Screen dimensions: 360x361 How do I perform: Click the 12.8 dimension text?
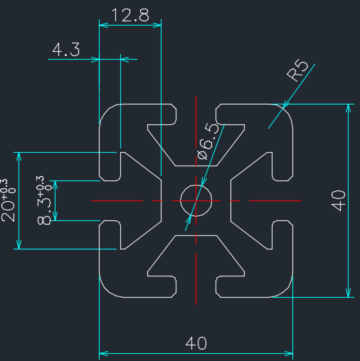tap(130, 16)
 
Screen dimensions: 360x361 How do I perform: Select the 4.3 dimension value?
tap(66, 50)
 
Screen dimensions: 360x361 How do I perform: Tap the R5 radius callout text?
tap(297, 70)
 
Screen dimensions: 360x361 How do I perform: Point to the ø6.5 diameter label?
tap(208, 141)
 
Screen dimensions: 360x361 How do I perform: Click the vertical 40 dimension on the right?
tap(338, 200)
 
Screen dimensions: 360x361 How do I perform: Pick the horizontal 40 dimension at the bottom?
tap(196, 343)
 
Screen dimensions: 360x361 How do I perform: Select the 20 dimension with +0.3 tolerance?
tap(8, 200)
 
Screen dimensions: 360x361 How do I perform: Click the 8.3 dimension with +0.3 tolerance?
tap(44, 200)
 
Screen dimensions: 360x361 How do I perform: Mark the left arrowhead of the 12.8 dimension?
tap(104, 25)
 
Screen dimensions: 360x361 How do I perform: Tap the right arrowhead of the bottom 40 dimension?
tap(288, 354)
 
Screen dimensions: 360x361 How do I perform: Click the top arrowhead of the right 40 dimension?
tap(348, 109)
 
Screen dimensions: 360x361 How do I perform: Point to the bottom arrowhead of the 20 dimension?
tap(18, 244)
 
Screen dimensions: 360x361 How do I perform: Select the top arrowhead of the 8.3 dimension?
tap(55, 185)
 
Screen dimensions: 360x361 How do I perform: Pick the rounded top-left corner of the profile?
tap(106, 111)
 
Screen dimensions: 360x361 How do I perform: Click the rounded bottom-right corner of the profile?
tap(286, 291)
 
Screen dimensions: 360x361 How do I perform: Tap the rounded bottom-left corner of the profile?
tap(106, 291)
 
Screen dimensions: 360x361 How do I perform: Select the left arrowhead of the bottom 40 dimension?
tap(104, 354)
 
